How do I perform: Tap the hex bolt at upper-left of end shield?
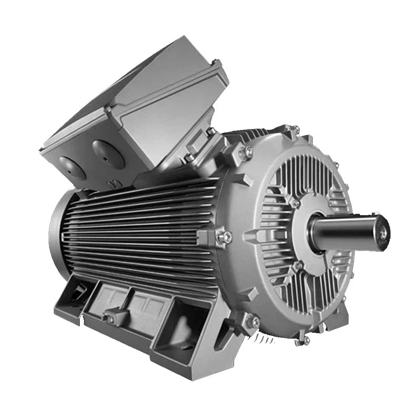click(245, 152)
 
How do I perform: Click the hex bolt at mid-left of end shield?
click(224, 237)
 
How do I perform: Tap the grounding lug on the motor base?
click(111, 317)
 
